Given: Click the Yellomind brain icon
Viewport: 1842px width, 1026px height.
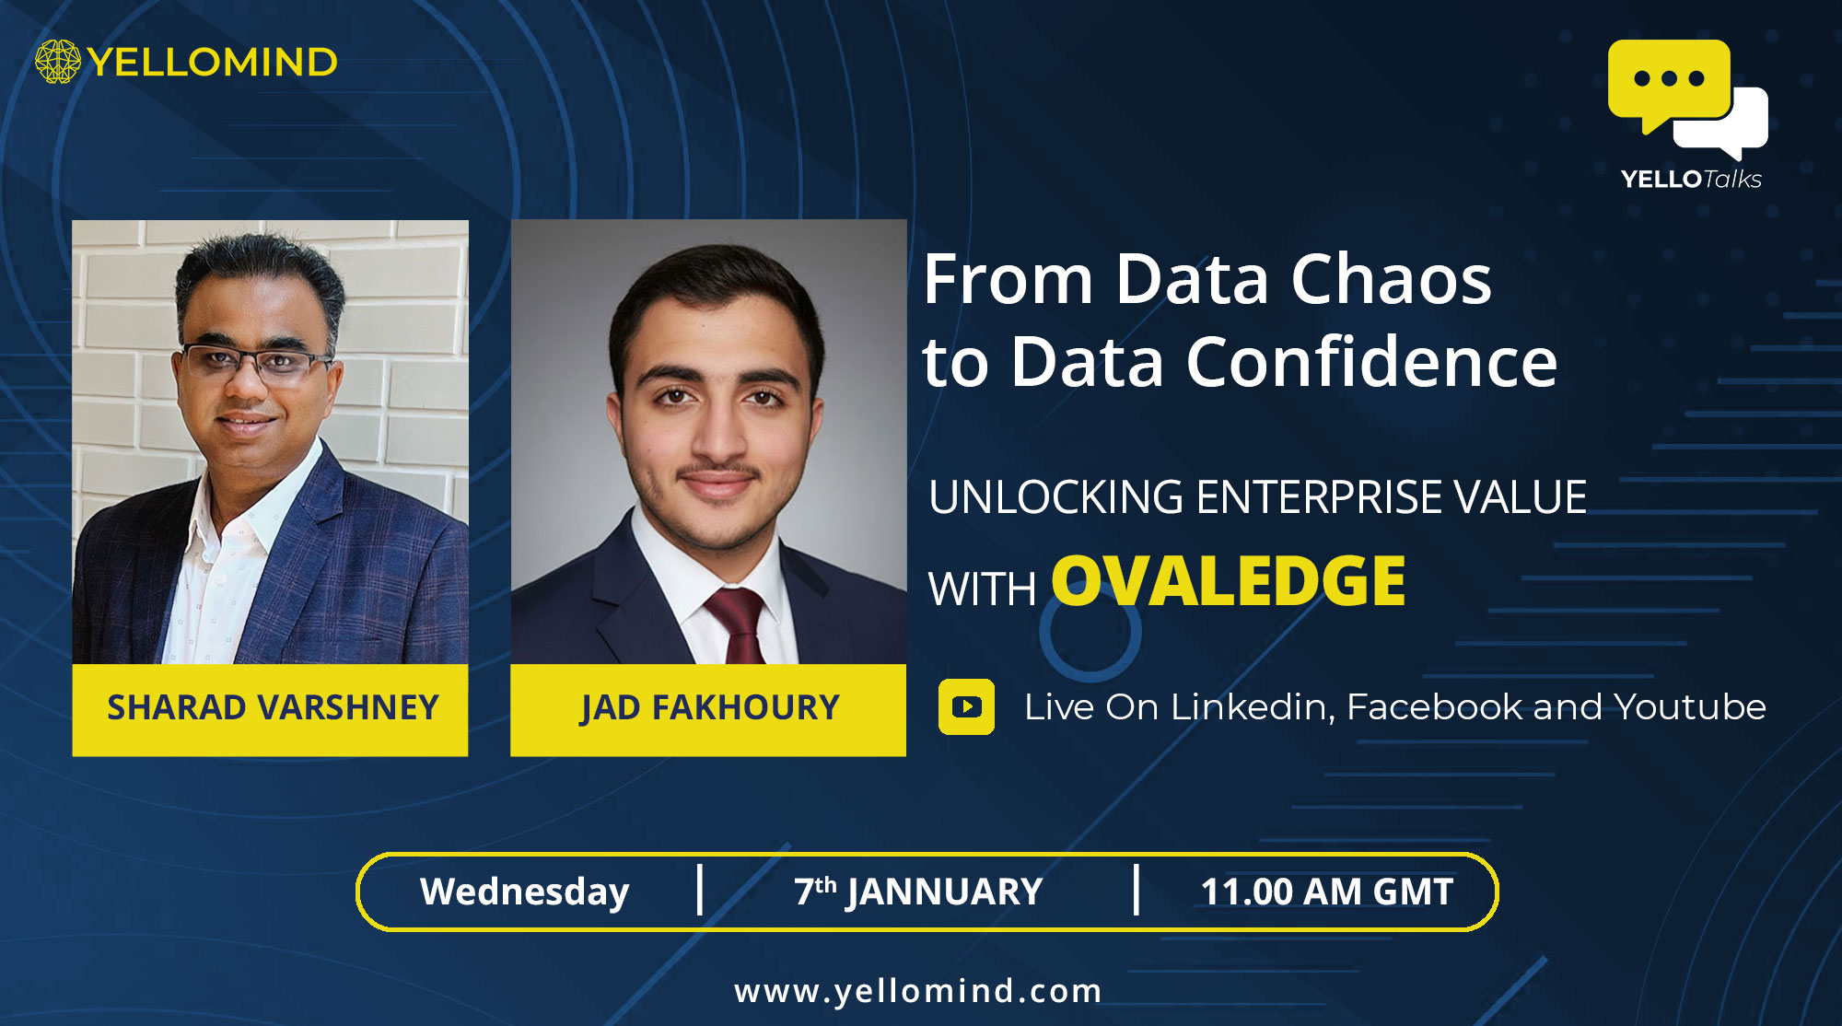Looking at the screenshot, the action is [58, 62].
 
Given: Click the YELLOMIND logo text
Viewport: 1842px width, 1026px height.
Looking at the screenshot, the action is [213, 63].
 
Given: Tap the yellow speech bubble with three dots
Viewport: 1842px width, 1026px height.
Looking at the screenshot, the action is [1668, 84].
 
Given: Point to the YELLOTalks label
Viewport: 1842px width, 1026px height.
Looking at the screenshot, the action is [1691, 179].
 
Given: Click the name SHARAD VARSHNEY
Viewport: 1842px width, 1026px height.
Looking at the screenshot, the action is [273, 707].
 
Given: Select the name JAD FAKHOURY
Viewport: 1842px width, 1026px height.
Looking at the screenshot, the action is [709, 707].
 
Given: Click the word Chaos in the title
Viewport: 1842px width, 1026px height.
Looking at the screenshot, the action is [1391, 279].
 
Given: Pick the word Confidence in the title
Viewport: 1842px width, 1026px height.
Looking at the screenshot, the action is [1371, 361].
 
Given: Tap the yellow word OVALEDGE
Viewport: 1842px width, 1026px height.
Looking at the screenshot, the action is [1229, 581].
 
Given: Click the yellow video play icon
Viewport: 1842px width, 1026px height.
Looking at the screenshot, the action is [966, 706].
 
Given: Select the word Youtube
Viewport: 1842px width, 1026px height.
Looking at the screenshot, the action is [1690, 707].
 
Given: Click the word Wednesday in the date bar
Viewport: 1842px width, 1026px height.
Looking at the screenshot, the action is [525, 892].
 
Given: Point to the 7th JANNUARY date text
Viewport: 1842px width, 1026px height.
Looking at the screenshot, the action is [918, 892].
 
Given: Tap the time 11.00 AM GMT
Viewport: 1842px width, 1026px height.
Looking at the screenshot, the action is [1327, 892].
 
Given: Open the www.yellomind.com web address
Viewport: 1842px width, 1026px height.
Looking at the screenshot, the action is [918, 991].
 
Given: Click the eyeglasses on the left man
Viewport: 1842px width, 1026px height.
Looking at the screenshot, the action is [254, 361].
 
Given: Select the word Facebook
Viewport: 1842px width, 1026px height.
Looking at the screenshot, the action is [1435, 707].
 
